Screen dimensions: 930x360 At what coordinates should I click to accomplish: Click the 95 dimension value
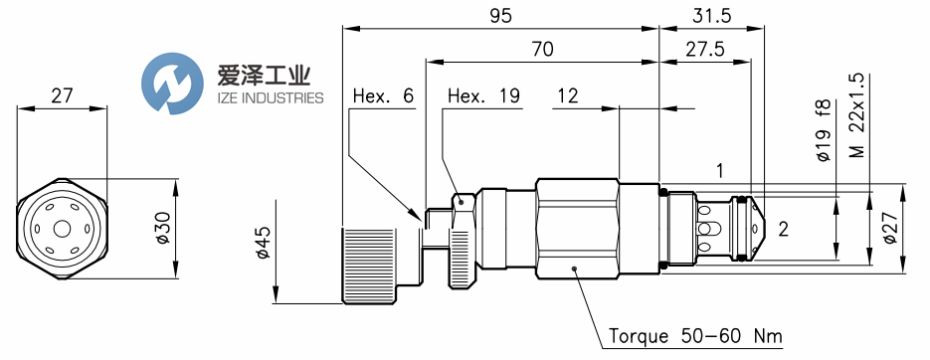pyautogui.click(x=500, y=16)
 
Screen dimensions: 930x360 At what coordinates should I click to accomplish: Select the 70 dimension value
pyautogui.click(x=541, y=49)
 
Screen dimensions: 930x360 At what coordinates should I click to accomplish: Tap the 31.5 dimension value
pyautogui.click(x=711, y=16)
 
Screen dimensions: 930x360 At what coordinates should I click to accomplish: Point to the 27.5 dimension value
pyautogui.click(x=705, y=49)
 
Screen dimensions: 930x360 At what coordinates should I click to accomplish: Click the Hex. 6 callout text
pyautogui.click(x=383, y=96)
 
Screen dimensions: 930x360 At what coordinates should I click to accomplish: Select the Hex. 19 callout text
pyautogui.click(x=483, y=96)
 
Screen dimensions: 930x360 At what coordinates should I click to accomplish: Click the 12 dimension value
pyautogui.click(x=567, y=96)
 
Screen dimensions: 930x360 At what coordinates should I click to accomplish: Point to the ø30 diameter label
pyautogui.click(x=162, y=229)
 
